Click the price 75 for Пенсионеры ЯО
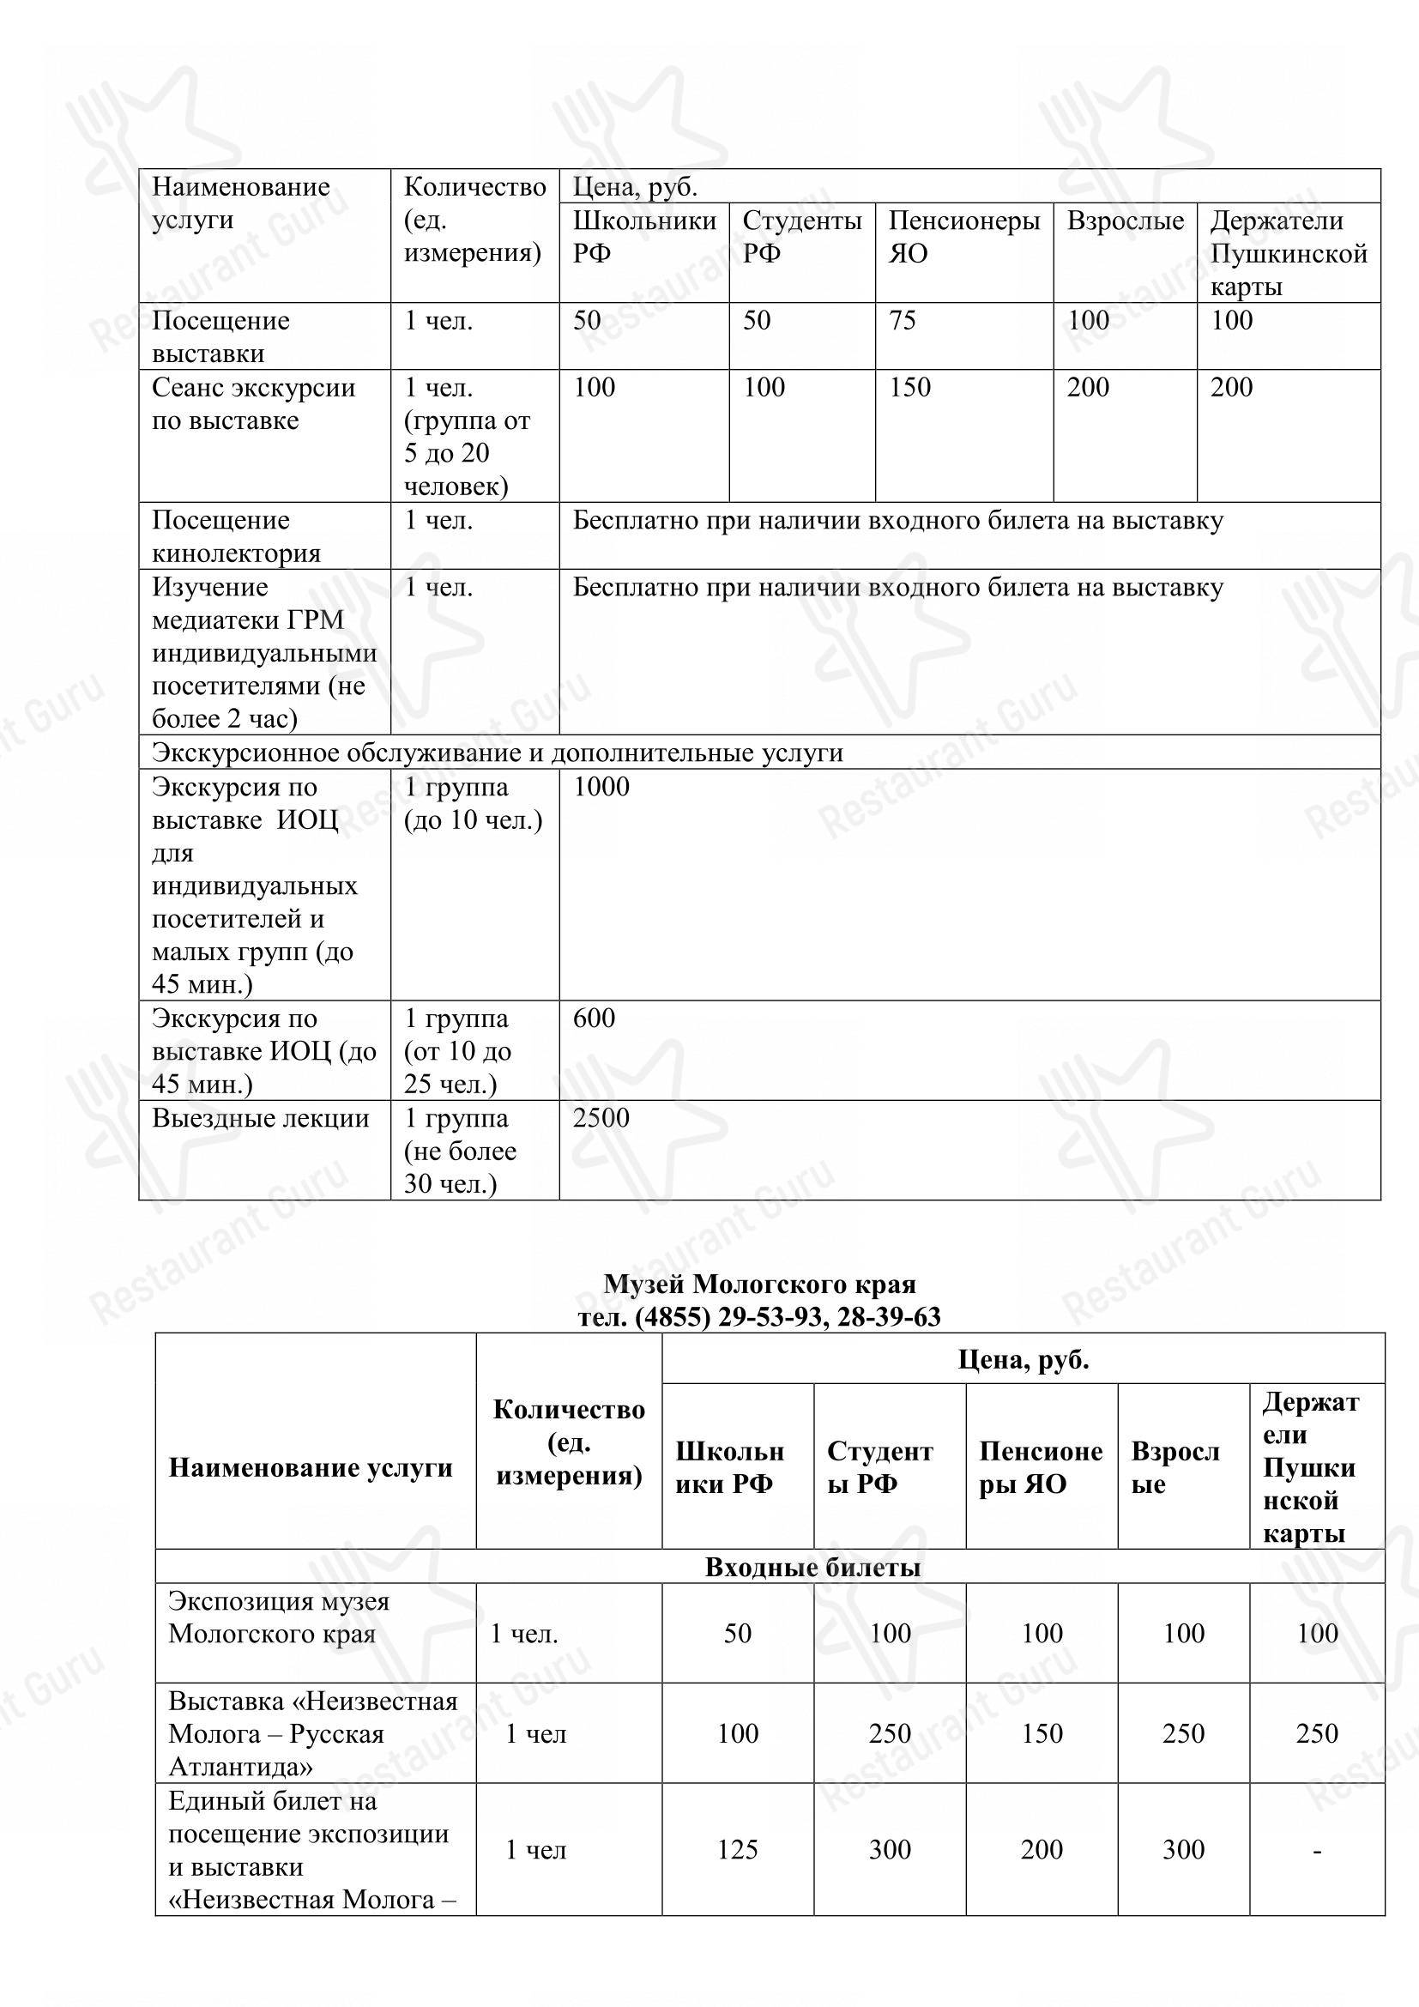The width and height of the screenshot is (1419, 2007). click(x=902, y=321)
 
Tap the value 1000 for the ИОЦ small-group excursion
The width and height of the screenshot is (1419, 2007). click(x=601, y=788)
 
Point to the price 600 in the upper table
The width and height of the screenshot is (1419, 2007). click(x=594, y=1019)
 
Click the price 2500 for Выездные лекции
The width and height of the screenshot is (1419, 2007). click(x=601, y=1119)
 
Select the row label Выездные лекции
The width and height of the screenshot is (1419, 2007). click(x=261, y=1119)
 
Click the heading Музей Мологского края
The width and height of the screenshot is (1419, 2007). click(x=759, y=1285)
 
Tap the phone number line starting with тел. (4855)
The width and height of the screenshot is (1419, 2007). click(x=759, y=1316)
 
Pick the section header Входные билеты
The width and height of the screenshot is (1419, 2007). click(x=812, y=1568)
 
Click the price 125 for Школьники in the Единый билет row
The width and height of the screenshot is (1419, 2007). click(x=738, y=1850)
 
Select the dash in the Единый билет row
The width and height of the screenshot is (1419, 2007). click(x=1316, y=1850)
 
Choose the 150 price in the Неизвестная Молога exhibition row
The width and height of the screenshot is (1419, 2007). click(x=1042, y=1733)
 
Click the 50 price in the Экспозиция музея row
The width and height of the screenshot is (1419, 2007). click(x=738, y=1634)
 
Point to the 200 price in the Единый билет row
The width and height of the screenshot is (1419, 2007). click(x=1042, y=1850)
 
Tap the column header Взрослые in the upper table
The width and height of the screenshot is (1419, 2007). click(x=1125, y=221)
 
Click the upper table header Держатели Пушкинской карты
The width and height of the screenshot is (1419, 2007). click(x=1287, y=253)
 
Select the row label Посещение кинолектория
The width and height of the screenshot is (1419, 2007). click(x=236, y=536)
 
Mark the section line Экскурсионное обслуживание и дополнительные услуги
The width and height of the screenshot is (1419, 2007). click(x=498, y=753)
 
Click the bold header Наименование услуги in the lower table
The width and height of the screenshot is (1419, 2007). click(x=311, y=1467)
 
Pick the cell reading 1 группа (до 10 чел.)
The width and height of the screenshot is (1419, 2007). click(x=473, y=804)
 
